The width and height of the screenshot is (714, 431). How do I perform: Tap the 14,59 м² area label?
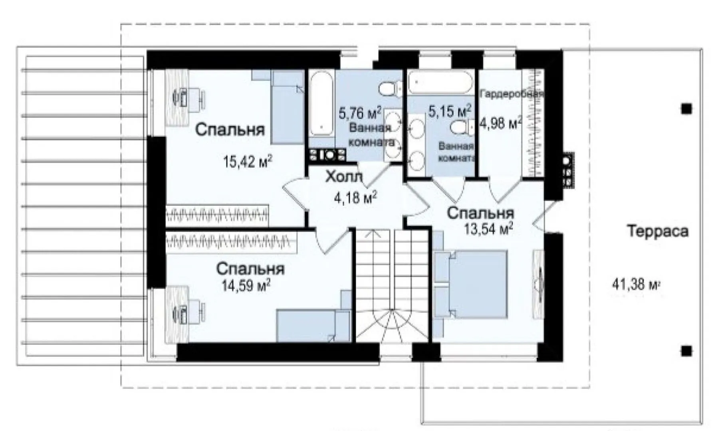[x=246, y=285]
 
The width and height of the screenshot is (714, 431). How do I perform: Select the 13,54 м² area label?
[x=488, y=229]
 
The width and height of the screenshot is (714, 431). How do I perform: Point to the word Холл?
[x=344, y=176]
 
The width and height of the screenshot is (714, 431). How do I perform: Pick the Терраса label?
[x=658, y=231]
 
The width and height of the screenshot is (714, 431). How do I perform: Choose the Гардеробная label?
[x=512, y=94]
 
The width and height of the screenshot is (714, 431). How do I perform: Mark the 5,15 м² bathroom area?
[x=450, y=111]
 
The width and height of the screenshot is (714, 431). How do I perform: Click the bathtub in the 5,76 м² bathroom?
[x=321, y=104]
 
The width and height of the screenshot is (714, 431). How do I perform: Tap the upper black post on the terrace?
[x=686, y=109]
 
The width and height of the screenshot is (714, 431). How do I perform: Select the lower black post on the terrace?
[x=686, y=351]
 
